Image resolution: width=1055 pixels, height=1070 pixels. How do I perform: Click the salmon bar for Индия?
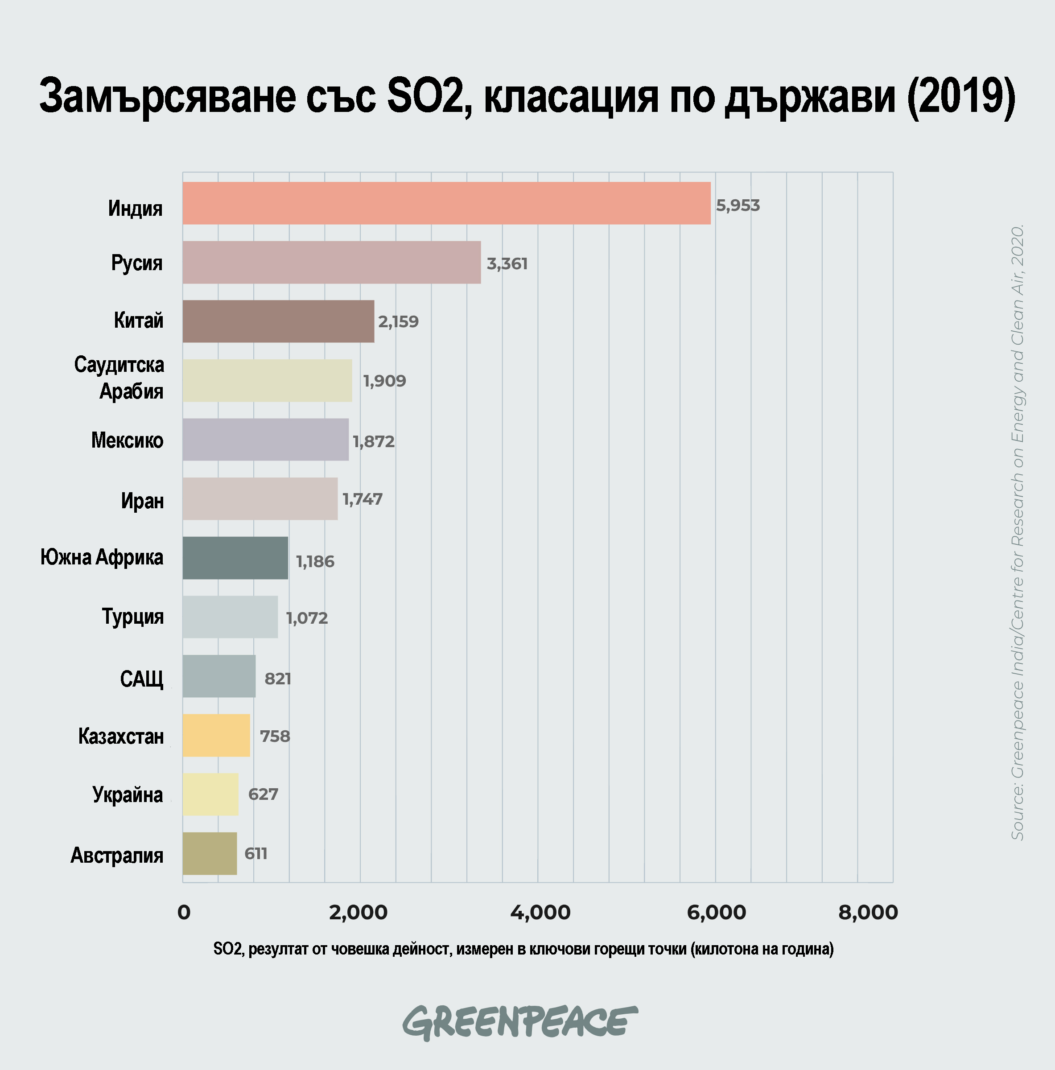pos(446,203)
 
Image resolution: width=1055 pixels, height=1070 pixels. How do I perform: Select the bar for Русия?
pos(332,262)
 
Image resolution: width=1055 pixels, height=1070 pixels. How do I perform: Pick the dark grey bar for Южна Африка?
pos(235,558)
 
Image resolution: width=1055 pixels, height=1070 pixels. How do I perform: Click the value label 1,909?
pos(384,381)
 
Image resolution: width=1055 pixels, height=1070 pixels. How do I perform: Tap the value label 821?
pos(277,679)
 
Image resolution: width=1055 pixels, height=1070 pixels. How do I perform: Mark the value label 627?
pos(263,794)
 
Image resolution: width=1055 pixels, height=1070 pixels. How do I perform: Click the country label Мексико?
pos(128,440)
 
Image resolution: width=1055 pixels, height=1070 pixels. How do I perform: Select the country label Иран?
pos(142,501)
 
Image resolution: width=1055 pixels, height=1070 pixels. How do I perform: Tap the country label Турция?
pos(133,616)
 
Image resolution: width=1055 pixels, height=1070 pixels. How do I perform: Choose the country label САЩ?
pos(142,679)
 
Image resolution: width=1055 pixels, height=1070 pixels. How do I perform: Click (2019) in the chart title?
pos(961,96)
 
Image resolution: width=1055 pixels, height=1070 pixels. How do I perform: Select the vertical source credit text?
pos(1018,532)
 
